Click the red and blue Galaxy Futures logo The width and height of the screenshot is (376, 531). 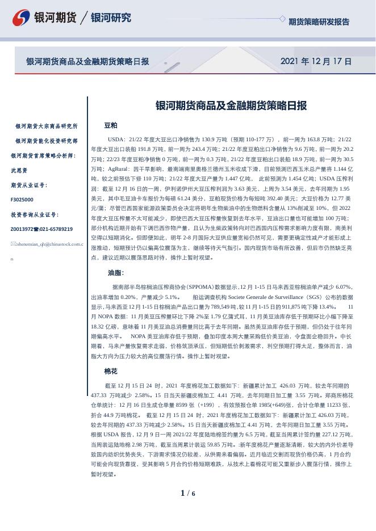21,18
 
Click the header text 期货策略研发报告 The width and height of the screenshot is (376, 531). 319,22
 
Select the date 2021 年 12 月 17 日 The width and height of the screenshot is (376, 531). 316,61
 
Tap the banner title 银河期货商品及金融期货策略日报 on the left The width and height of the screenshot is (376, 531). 88,61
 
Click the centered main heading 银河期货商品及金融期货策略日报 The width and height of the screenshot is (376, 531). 231,106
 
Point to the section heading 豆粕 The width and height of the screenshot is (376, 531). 111,125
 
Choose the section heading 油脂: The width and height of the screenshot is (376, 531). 116,273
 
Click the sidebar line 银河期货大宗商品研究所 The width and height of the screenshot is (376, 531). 47,126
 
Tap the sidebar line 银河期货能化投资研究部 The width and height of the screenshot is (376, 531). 47,141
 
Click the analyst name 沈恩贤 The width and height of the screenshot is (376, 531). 19,170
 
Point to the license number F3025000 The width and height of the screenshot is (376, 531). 22,200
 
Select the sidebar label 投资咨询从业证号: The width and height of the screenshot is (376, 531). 35,214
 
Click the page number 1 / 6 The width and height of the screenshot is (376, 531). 187,493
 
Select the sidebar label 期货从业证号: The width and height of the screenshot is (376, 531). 29,185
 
